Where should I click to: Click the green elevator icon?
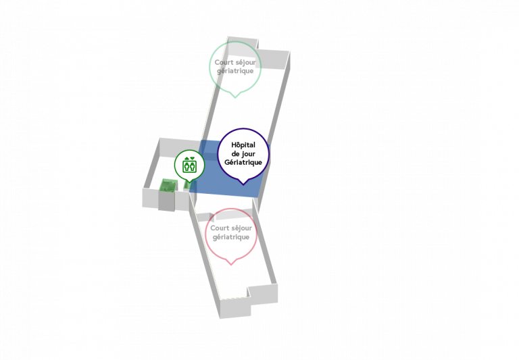point(190,165)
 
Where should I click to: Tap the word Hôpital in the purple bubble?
point(243,145)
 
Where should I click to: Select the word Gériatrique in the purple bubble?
point(243,162)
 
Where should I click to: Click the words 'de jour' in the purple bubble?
point(243,154)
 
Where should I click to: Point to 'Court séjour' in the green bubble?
point(235,62)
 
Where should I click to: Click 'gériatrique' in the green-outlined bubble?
point(235,71)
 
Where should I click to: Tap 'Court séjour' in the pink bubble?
point(231,228)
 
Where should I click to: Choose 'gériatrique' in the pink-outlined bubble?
point(231,237)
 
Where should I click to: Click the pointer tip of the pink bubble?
point(231,265)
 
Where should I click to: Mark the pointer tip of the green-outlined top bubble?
point(235,98)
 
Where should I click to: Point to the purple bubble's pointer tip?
point(243,185)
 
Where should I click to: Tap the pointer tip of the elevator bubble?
point(189,182)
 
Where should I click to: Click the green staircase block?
point(167,185)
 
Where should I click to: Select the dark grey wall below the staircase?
point(166,201)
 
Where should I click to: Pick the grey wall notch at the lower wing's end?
point(263,294)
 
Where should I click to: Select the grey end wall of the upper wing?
point(271,59)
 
